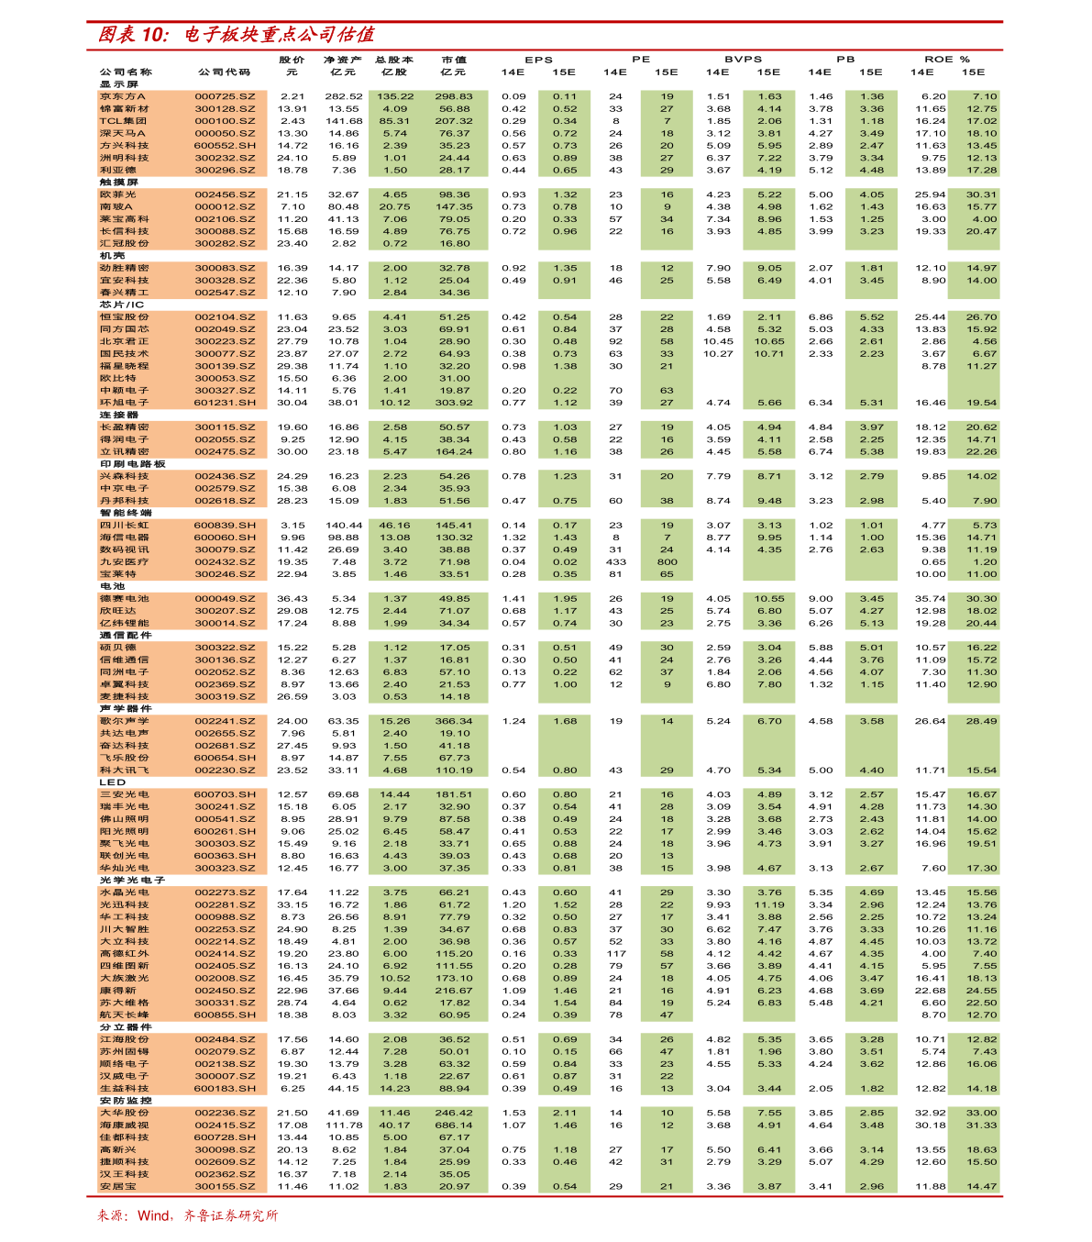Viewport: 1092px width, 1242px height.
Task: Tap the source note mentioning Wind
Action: coord(187,1215)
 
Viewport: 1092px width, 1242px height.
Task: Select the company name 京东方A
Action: coord(123,96)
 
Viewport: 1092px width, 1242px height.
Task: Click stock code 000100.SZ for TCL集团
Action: coord(225,121)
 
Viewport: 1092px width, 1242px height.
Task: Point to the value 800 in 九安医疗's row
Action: coord(667,562)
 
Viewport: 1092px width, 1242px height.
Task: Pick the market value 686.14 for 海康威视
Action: coord(454,1126)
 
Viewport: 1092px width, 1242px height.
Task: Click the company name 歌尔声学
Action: coord(125,721)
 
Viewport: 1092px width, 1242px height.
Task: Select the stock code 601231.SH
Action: coord(225,403)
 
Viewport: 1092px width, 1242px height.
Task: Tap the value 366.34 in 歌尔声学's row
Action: coord(454,721)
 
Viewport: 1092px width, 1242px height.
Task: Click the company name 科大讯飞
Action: coord(125,771)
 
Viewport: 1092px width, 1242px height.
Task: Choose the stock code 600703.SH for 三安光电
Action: coord(225,794)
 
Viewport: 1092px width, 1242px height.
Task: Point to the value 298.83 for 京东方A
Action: coord(454,96)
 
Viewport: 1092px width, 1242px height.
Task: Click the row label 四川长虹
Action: coord(125,526)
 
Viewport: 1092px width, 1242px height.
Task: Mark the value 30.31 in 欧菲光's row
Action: coord(981,194)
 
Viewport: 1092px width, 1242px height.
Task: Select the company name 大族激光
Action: coord(125,979)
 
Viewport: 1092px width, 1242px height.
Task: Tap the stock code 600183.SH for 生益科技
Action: coord(225,1089)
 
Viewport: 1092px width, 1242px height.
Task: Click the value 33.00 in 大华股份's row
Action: coord(981,1113)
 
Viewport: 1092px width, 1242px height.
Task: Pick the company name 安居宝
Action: coord(118,1187)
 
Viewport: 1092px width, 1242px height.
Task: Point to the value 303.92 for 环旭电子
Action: coord(454,403)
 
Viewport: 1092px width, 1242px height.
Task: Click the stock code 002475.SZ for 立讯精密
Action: coord(225,452)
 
